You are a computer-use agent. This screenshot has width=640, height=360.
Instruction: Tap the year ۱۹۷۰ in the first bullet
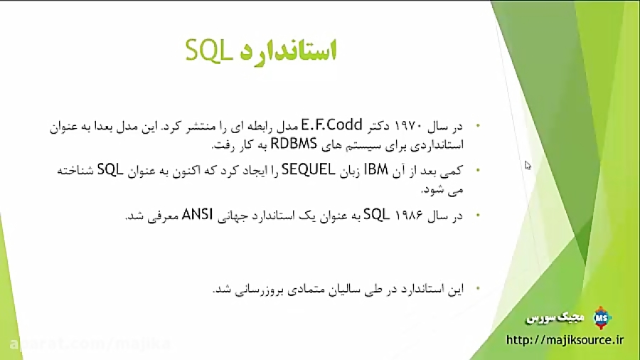click(409, 127)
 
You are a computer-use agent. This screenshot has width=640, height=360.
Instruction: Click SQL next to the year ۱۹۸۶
click(374, 215)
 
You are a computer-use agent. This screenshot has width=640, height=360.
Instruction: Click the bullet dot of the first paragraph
click(478, 127)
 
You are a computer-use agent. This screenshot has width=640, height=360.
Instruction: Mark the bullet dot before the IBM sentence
click(478, 170)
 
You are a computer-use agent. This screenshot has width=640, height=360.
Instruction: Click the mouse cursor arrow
click(528, 165)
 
